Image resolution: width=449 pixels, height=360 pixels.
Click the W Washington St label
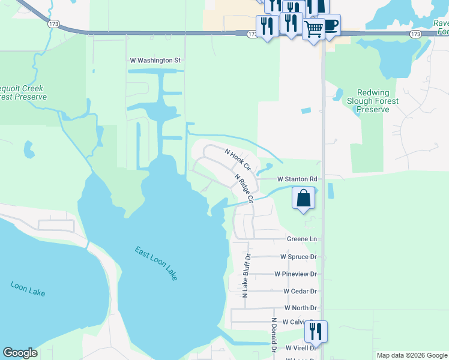pyautogui.click(x=155, y=61)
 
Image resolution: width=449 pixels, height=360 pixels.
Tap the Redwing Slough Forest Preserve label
pyautogui.click(x=373, y=101)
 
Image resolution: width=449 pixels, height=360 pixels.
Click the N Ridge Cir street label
pyautogui.click(x=244, y=187)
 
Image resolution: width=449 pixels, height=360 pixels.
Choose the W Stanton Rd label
pyautogui.click(x=297, y=179)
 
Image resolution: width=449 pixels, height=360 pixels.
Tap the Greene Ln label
pyautogui.click(x=301, y=239)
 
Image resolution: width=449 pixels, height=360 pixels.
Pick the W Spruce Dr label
pyautogui.click(x=298, y=257)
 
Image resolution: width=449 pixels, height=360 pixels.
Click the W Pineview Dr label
pyautogui.click(x=295, y=274)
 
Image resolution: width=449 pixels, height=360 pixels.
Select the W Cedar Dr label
pyautogui.click(x=300, y=291)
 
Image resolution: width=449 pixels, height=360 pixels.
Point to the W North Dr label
pyautogui.click(x=300, y=308)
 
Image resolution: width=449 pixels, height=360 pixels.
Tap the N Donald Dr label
pyautogui.click(x=273, y=335)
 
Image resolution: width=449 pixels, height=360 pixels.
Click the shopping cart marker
pyautogui.click(x=313, y=28)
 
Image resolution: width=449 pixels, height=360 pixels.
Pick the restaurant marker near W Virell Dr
pyautogui.click(x=315, y=331)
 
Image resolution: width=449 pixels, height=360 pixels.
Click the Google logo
pyautogui.click(x=20, y=353)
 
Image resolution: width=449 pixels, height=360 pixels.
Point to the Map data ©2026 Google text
pyautogui.click(x=412, y=355)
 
